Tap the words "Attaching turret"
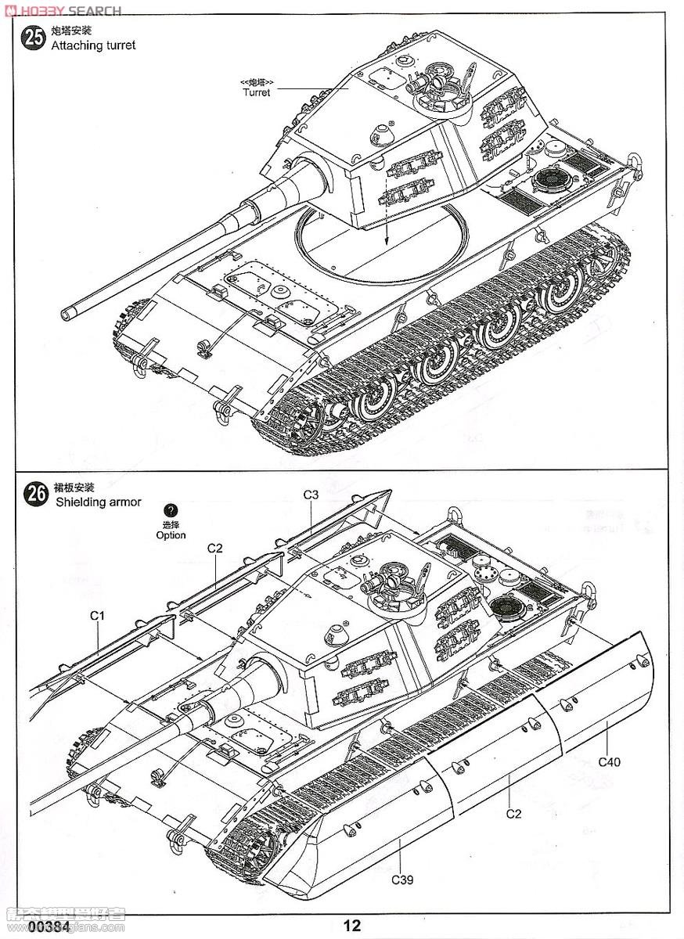pos(93,45)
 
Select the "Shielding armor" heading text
pos(99,502)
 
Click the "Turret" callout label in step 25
pos(256,92)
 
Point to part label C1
pos(97,616)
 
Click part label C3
pos(311,495)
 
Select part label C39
pos(402,880)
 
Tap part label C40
pos(609,761)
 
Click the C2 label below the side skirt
pos(513,814)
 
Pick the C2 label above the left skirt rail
pos(215,548)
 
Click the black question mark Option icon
pos(171,511)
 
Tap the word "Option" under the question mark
pos(171,535)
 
